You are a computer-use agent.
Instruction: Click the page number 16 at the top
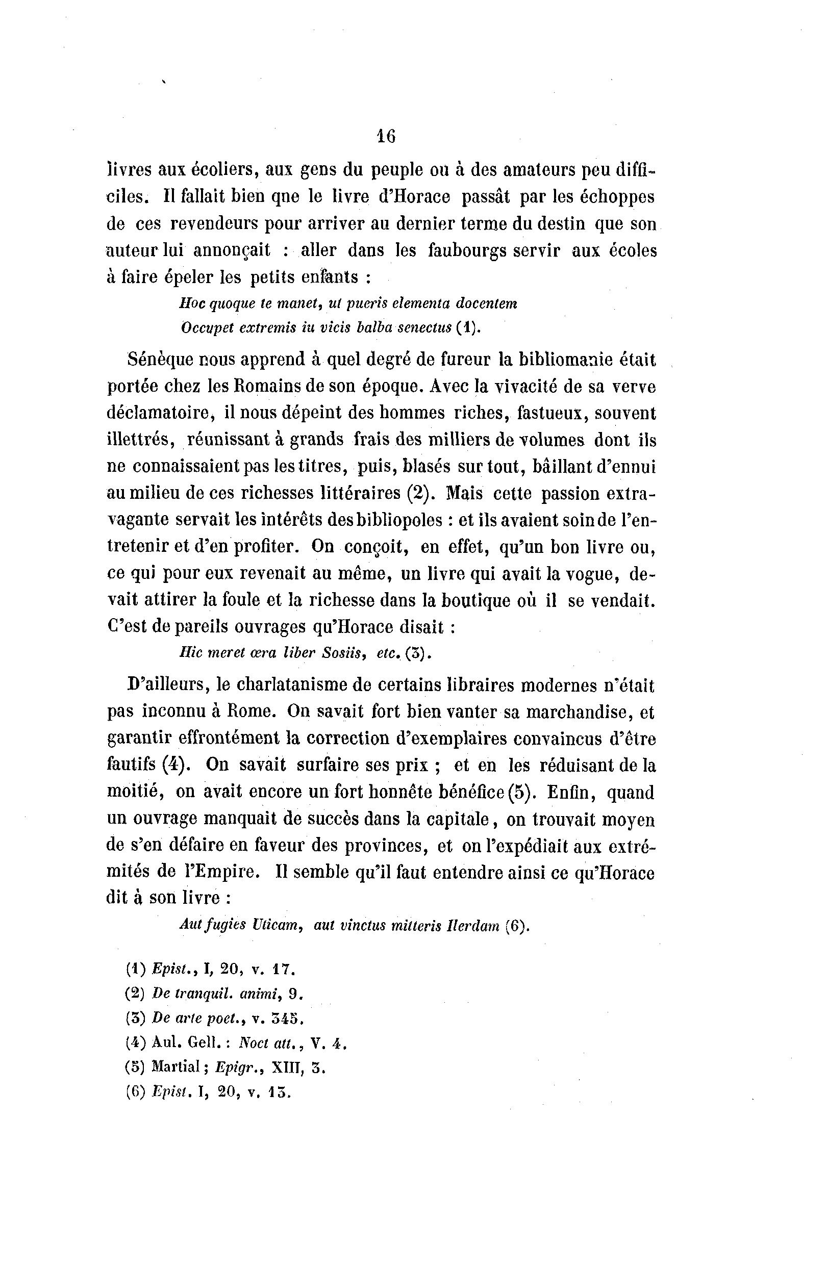point(386,137)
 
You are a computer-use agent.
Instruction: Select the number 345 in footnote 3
point(287,1018)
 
